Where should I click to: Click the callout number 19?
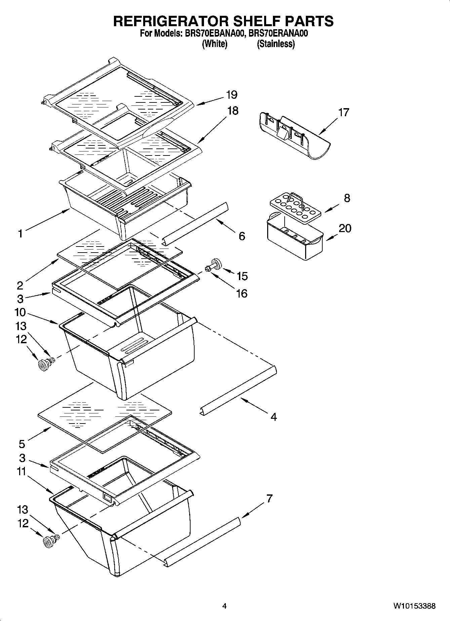click(232, 95)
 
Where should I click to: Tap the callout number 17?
click(343, 112)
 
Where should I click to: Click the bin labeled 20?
click(295, 241)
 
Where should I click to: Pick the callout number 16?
click(242, 294)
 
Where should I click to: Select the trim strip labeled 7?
click(203, 539)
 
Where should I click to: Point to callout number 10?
click(20, 312)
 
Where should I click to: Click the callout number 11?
click(22, 472)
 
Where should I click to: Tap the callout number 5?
click(22, 444)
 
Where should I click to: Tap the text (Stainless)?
click(276, 44)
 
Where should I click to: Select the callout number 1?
click(21, 233)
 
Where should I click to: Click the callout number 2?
click(20, 285)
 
